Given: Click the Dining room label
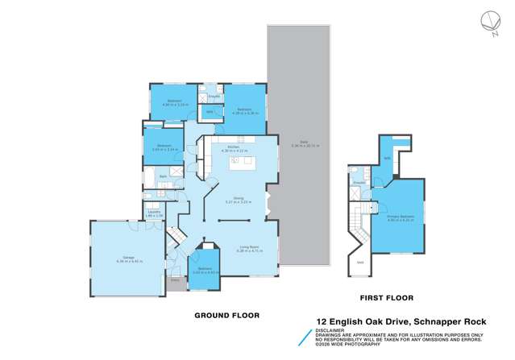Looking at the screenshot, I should pos(239,199).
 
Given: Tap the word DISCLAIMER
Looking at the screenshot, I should pos(326,329).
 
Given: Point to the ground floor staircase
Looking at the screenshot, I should pos(173,237).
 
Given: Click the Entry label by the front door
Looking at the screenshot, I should pos(174,281).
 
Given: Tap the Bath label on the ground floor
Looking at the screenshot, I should pos(163,176).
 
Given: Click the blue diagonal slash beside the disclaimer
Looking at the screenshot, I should pos(302,337).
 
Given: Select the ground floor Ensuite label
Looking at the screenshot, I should pos(214,97).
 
